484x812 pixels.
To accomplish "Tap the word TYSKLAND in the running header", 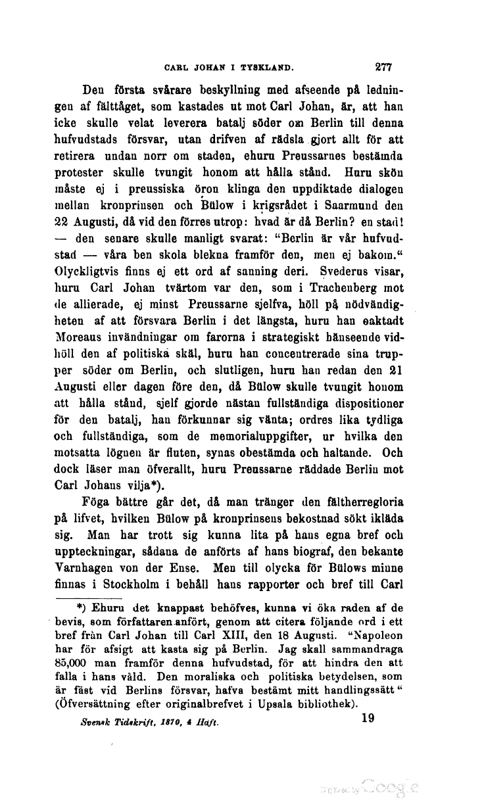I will (x=266, y=67).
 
